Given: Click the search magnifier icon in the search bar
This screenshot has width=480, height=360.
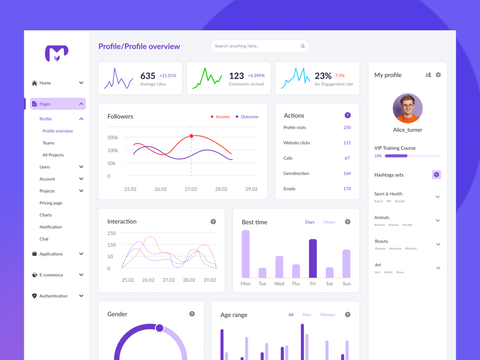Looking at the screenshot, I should pyautogui.click(x=302, y=46).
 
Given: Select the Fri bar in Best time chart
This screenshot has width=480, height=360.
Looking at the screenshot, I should pyautogui.click(x=313, y=258).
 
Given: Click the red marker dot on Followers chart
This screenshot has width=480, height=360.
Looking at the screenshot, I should pyautogui.click(x=192, y=136).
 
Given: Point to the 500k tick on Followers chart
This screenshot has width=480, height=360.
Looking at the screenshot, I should pyautogui.click(x=113, y=138).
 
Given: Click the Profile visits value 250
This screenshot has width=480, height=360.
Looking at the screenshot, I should pyautogui.click(x=347, y=127).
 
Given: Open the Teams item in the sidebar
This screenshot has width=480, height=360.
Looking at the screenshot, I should pyautogui.click(x=48, y=143).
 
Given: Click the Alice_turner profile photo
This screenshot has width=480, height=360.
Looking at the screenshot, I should pyautogui.click(x=407, y=108).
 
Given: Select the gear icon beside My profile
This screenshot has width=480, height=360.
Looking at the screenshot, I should pyautogui.click(x=438, y=75).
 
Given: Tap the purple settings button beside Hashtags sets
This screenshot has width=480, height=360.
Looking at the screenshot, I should pyautogui.click(x=436, y=175).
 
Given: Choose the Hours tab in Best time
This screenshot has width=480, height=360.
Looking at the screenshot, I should pyautogui.click(x=329, y=222).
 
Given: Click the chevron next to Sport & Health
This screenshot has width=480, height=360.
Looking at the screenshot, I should pyautogui.click(x=437, y=197).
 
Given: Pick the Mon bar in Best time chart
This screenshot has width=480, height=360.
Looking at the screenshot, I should pyautogui.click(x=245, y=254).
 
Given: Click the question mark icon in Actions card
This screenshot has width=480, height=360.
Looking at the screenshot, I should pyautogui.click(x=347, y=115).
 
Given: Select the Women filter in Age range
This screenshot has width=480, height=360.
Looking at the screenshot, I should pyautogui.click(x=327, y=315).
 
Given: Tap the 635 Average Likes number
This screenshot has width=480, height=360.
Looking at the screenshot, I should pyautogui.click(x=148, y=75).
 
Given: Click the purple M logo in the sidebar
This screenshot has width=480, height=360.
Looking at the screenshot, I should pyautogui.click(x=57, y=53).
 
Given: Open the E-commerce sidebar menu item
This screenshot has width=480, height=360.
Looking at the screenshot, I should pyautogui.click(x=51, y=275).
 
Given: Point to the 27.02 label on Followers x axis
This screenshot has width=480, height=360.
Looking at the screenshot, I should pyautogui.click(x=191, y=189).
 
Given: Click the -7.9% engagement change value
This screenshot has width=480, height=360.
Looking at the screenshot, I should pyautogui.click(x=339, y=75).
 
